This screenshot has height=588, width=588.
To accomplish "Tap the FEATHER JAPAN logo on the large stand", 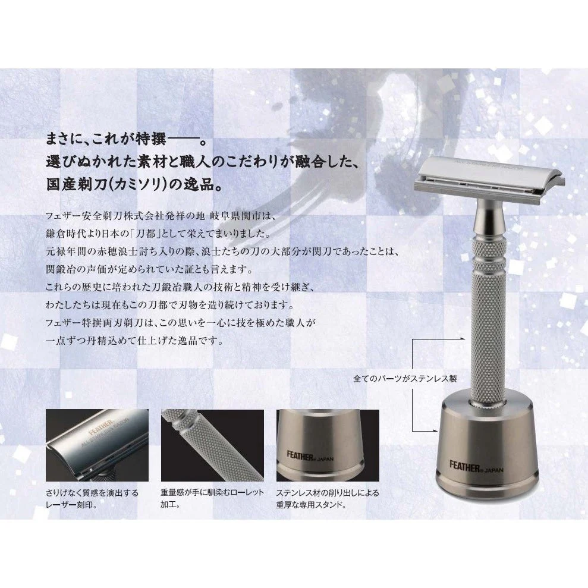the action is (476, 467).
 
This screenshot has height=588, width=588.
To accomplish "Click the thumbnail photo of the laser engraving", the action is (97, 445).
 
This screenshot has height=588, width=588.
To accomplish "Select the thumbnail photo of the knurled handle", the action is (213, 445).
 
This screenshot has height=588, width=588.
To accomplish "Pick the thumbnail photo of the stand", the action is (328, 445).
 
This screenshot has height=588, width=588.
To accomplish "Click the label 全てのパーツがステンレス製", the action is (405, 379).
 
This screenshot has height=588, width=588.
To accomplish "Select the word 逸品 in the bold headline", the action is (198, 184).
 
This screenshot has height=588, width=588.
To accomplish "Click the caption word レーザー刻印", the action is (71, 505).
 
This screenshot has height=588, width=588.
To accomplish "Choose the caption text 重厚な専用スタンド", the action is (311, 505).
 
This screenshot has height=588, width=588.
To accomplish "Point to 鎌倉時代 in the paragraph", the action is (63, 234).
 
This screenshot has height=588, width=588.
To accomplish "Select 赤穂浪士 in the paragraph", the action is (106, 251).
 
